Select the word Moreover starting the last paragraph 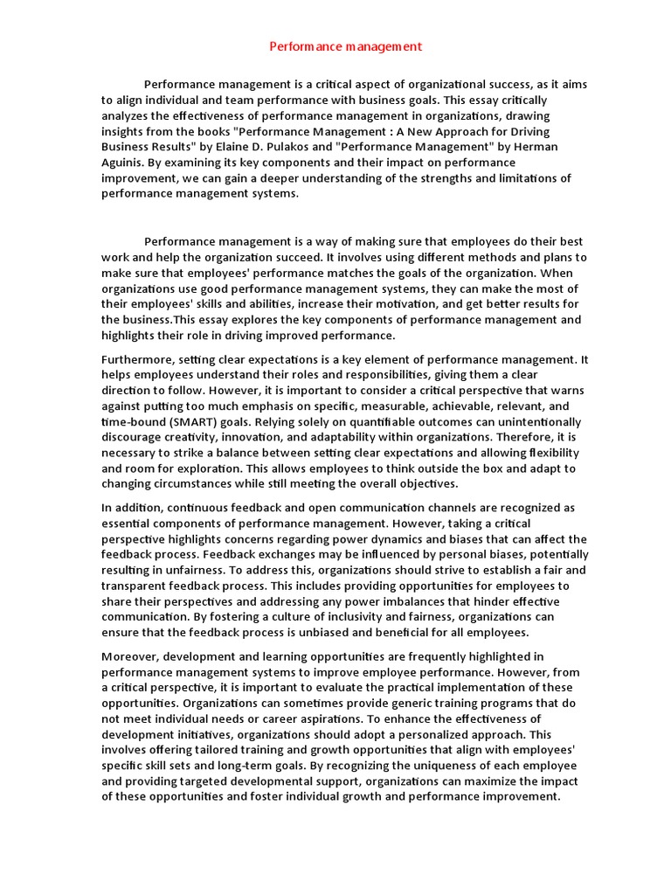131,656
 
